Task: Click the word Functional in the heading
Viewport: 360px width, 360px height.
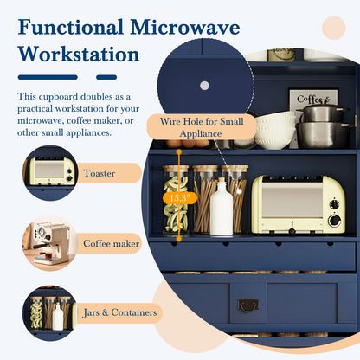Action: [x=71, y=28]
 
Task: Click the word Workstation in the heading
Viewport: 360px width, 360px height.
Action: [x=79, y=55]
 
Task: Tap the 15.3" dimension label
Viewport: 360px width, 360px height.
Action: [x=180, y=198]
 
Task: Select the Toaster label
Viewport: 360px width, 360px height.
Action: [x=100, y=173]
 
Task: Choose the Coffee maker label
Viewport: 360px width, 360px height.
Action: [x=112, y=243]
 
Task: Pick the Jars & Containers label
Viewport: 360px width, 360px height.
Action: [x=119, y=312]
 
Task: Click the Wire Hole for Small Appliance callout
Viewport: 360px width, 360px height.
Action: [x=202, y=127]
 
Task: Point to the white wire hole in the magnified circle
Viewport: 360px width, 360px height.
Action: [x=204, y=86]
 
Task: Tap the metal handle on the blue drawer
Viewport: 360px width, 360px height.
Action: [x=247, y=305]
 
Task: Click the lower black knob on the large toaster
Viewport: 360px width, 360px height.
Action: [x=334, y=221]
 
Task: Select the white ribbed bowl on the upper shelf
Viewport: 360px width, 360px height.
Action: [x=274, y=131]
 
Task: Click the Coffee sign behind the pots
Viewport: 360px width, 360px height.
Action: [x=313, y=99]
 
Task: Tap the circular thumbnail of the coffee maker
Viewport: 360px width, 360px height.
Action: [x=49, y=243]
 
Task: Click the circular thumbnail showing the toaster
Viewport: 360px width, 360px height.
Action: [x=49, y=173]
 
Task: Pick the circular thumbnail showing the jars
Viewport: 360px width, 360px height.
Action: [x=49, y=313]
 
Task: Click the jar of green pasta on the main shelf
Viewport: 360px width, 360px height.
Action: [x=176, y=201]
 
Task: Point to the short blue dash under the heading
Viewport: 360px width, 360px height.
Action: [x=106, y=77]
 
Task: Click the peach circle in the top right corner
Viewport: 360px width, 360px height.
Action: [x=334, y=28]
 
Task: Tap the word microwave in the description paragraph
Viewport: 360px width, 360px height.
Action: [x=41, y=120]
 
